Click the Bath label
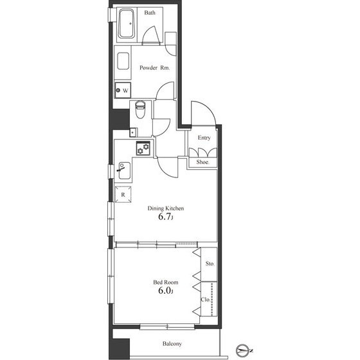(x=150, y=13)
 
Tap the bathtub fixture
(x=126, y=24)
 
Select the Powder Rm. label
(x=154, y=67)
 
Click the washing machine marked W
(x=123, y=90)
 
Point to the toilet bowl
(x=140, y=109)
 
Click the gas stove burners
(x=143, y=148)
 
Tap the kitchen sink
(x=125, y=170)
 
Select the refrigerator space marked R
(x=123, y=195)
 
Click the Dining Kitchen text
(x=166, y=208)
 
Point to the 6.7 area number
(x=165, y=217)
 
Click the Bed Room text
(x=166, y=282)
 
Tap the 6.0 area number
(x=165, y=291)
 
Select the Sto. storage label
(x=210, y=264)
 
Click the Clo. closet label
(x=206, y=300)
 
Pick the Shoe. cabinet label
(x=203, y=162)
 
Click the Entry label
(x=204, y=138)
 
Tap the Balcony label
(x=172, y=344)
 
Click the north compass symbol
(x=244, y=351)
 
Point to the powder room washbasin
(x=123, y=61)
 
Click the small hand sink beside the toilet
(x=132, y=132)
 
